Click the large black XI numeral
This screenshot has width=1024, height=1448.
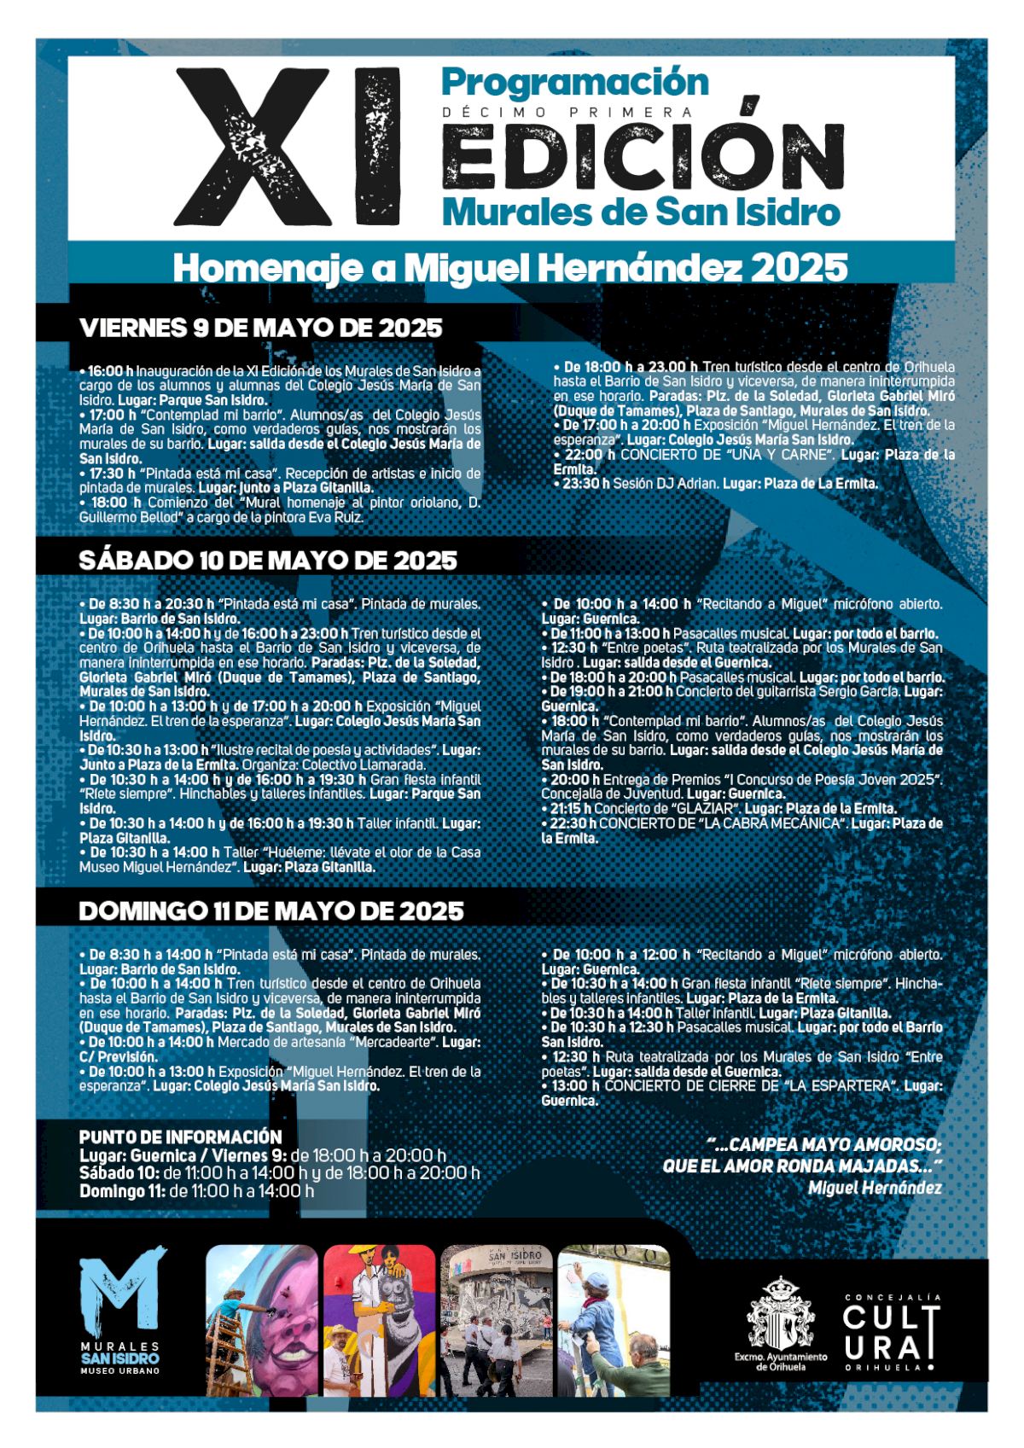[287, 147]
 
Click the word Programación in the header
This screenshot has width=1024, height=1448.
[575, 83]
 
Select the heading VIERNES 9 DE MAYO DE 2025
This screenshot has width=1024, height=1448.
[260, 328]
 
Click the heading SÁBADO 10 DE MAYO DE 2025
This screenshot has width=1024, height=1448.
[268, 561]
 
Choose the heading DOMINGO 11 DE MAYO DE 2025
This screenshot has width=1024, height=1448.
[271, 911]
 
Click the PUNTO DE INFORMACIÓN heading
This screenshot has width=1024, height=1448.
[180, 1137]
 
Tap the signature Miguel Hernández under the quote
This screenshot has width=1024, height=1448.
[875, 1188]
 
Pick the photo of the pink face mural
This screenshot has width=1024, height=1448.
[262, 1321]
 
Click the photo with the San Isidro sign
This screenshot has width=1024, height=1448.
[497, 1321]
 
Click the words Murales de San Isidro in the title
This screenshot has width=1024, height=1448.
[641, 212]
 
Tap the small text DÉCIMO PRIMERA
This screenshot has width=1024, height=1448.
[567, 113]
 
